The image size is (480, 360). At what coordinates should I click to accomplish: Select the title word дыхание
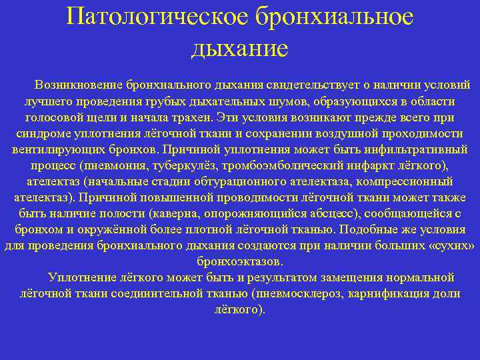pyautogui.click(x=240, y=48)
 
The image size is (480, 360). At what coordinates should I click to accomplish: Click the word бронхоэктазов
pyautogui.click(x=240, y=261)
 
